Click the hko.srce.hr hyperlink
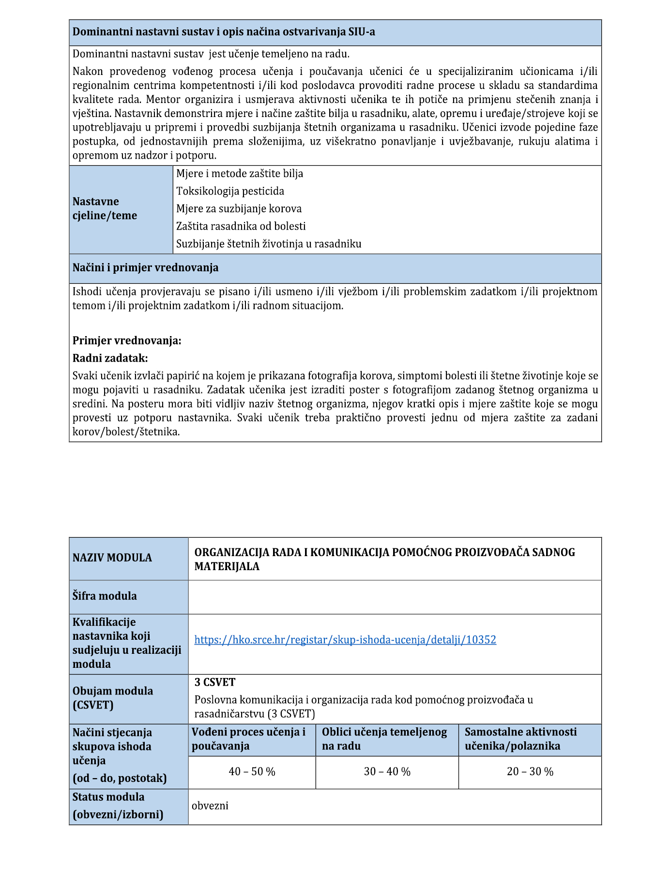tap(345, 640)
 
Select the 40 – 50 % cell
tap(252, 771)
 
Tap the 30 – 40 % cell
tap(387, 771)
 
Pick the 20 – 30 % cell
tap(530, 771)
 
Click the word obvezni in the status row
tap(210, 806)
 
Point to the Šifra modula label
tap(105, 596)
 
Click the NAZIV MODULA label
tap(112, 558)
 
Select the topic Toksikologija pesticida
tap(230, 191)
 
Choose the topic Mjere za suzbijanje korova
tap(239, 208)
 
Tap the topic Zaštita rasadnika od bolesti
tap(241, 226)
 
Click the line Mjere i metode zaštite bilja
tap(240, 174)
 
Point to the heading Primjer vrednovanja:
tap(127, 340)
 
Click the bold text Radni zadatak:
tap(110, 358)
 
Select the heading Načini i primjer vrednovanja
tap(145, 267)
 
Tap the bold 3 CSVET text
tap(215, 682)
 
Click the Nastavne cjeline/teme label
tap(105, 208)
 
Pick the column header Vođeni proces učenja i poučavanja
tap(249, 739)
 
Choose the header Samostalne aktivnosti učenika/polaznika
tap(520, 739)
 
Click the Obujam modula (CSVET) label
tap(112, 698)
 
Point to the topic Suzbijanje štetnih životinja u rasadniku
tap(269, 244)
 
